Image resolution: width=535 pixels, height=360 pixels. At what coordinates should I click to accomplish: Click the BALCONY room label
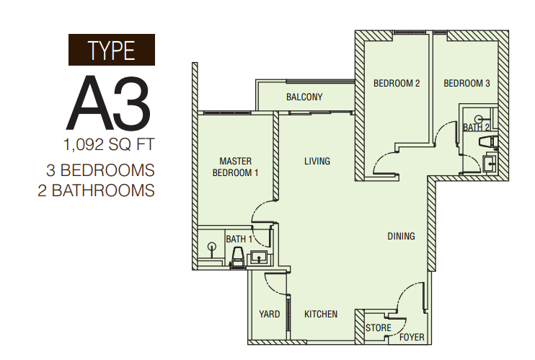[304, 97]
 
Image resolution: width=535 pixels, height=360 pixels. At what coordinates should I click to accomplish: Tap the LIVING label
[317, 161]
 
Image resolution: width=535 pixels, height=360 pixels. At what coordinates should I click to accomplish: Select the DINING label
[401, 236]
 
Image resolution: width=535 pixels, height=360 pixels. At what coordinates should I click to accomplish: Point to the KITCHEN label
[321, 314]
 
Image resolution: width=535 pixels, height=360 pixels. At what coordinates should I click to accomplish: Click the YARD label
[270, 314]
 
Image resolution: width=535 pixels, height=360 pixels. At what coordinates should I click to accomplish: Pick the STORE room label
[379, 328]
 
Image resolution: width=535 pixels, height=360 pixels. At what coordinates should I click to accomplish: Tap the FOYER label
[412, 337]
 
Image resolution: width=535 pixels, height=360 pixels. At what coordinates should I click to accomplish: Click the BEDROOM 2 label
[397, 84]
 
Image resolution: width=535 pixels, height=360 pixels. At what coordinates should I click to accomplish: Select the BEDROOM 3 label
[467, 84]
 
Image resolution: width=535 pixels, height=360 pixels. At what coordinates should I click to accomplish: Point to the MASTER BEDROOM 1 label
[236, 167]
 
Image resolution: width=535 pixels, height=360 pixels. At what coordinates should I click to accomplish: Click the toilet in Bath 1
[238, 257]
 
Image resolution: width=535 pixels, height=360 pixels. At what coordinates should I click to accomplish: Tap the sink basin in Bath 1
[260, 257]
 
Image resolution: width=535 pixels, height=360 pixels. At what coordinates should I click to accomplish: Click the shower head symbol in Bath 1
[212, 247]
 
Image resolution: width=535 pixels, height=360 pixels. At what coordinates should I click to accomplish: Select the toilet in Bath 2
[488, 142]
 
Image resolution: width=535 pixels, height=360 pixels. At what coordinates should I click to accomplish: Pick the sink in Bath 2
[490, 164]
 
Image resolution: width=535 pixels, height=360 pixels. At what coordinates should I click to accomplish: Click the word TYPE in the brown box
[112, 51]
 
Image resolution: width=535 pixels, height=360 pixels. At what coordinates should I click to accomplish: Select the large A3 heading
[108, 103]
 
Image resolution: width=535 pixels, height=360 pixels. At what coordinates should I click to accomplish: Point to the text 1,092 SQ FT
[109, 144]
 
